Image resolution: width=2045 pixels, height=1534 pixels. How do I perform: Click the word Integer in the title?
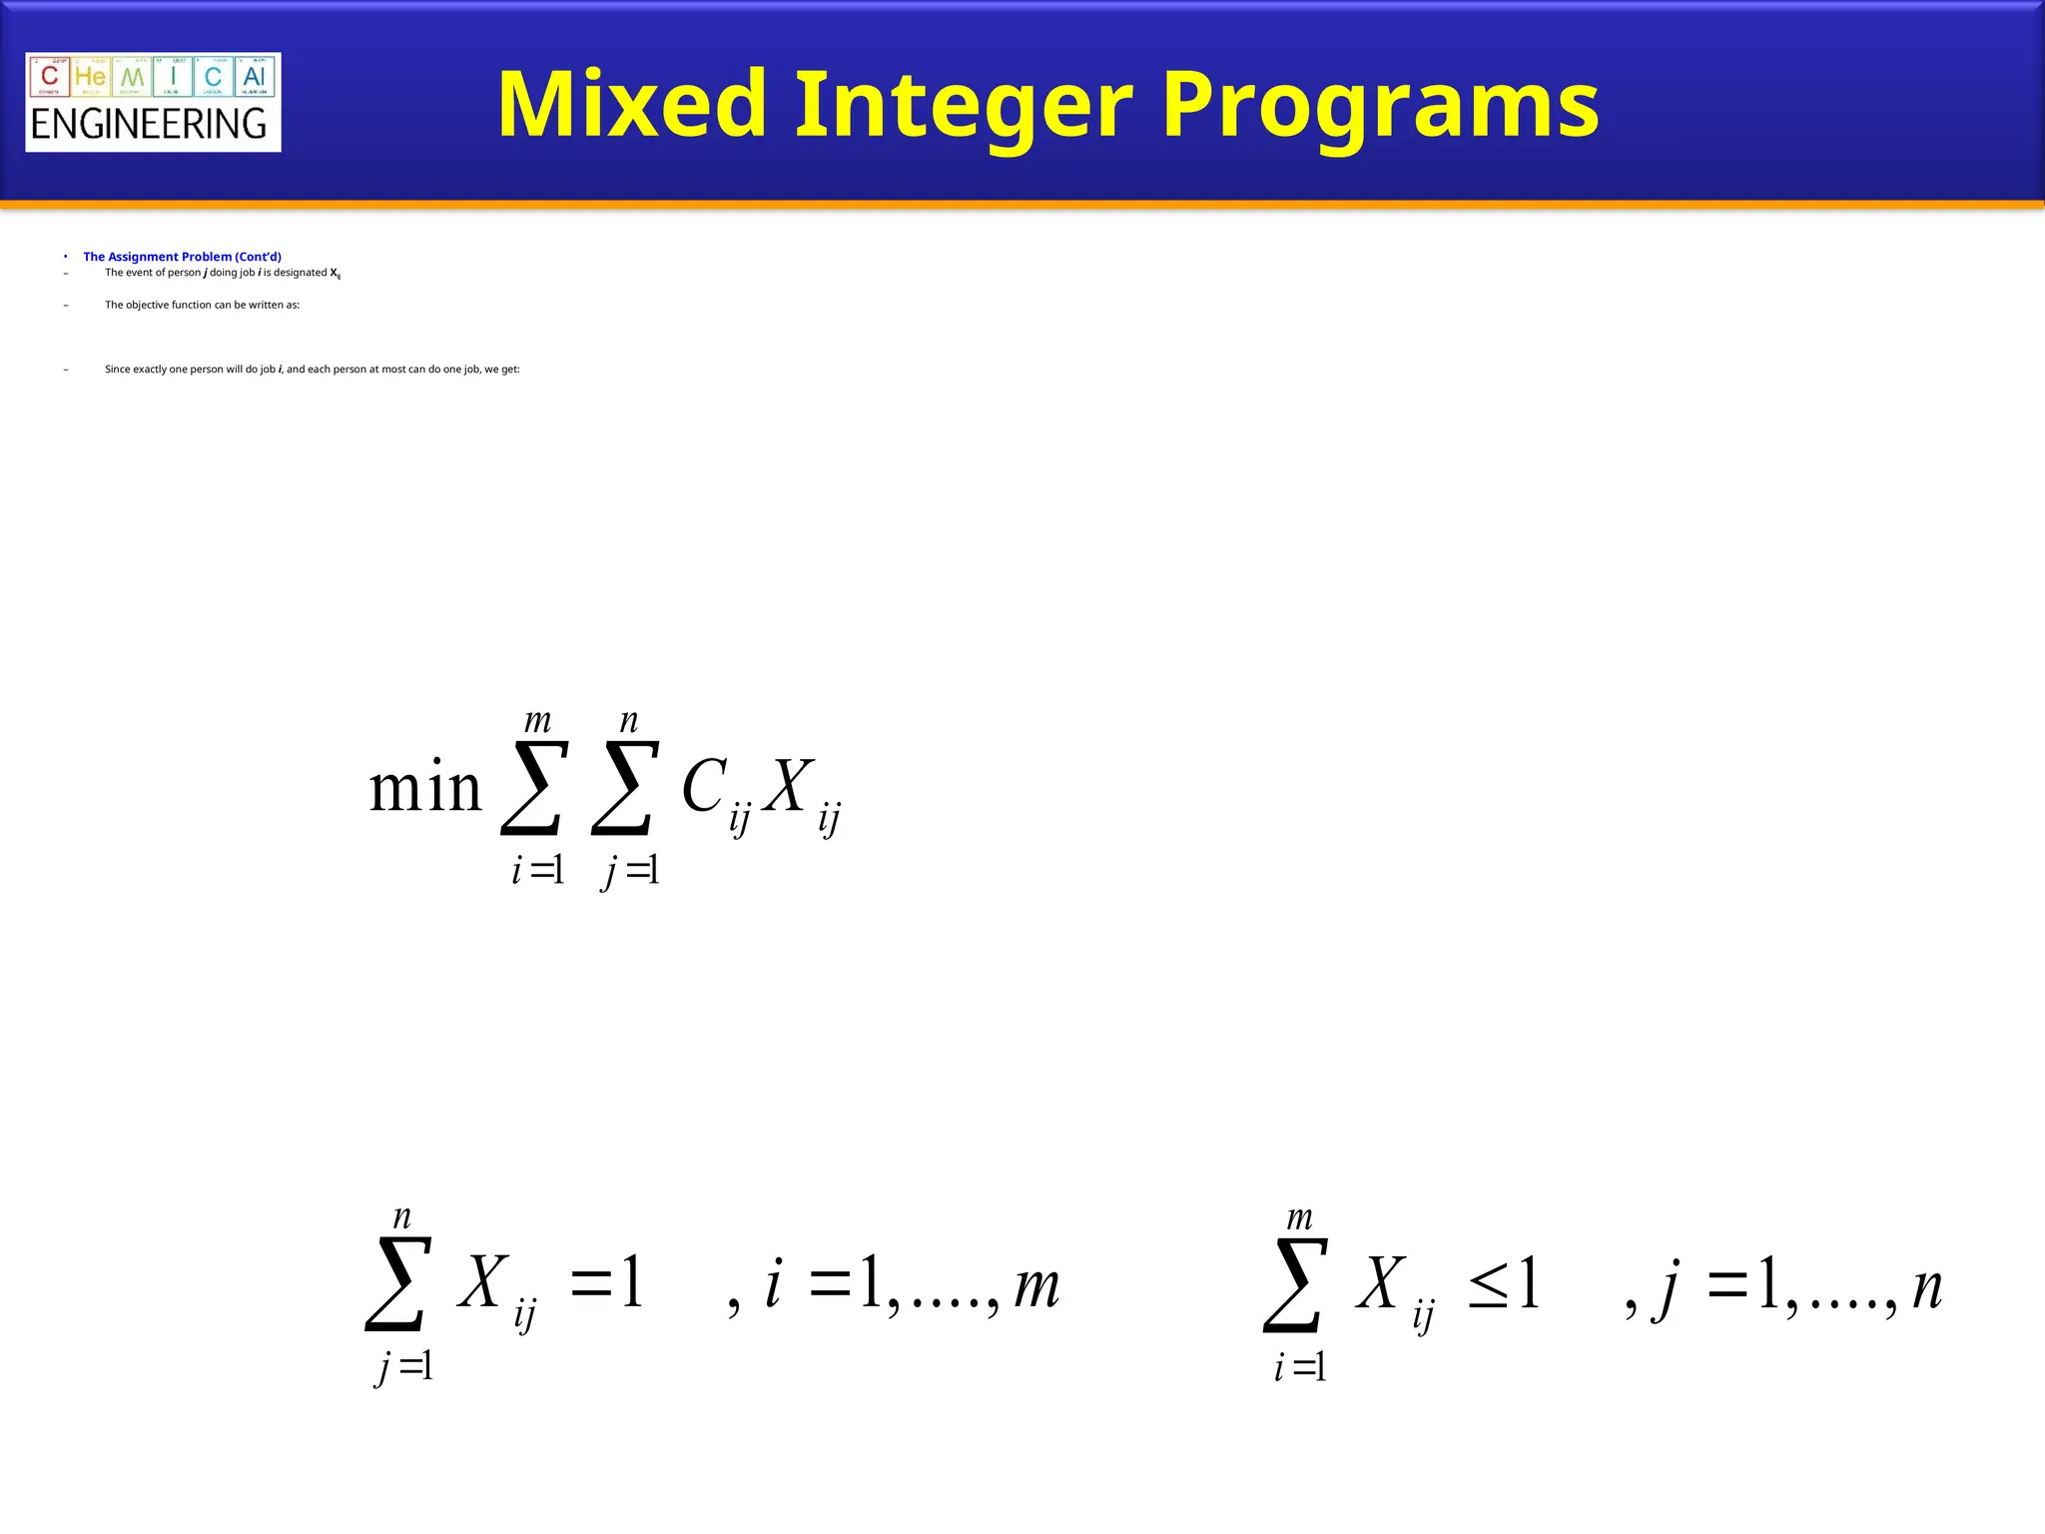(x=963, y=106)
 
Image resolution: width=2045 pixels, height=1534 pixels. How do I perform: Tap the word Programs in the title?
(x=1380, y=106)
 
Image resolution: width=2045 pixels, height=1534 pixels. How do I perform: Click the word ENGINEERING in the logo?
(x=149, y=125)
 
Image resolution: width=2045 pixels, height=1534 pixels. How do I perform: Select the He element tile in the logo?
(x=91, y=77)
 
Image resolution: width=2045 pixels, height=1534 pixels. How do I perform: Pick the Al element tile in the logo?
(x=255, y=77)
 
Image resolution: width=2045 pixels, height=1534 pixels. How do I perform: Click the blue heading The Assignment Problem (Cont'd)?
(x=182, y=257)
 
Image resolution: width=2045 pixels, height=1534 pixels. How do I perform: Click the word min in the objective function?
(x=425, y=788)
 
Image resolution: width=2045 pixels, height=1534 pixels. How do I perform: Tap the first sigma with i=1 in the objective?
(x=534, y=788)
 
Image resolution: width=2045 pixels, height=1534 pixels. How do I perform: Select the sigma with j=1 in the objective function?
(x=626, y=788)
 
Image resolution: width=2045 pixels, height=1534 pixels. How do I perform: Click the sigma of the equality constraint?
(x=398, y=1284)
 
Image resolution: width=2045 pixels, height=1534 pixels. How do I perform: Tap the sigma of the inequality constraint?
(x=1296, y=1284)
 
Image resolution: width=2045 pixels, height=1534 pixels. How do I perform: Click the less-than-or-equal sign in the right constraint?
(x=1488, y=1286)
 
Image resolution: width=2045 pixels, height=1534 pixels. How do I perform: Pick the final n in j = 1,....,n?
(x=1927, y=1288)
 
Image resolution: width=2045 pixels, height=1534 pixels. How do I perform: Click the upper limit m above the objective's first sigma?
(x=537, y=720)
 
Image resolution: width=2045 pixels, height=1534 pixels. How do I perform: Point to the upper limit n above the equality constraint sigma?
(x=401, y=1217)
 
